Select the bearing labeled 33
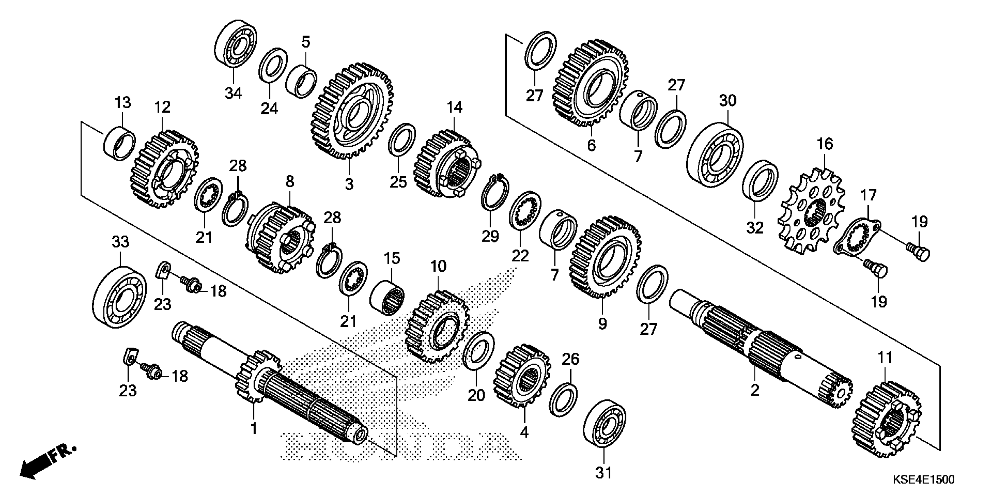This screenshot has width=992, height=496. point(120,296)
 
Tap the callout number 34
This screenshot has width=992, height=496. point(233,93)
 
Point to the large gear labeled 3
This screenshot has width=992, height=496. point(352,112)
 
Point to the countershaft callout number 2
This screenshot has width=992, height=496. point(755,390)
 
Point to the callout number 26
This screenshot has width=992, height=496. point(570,359)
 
